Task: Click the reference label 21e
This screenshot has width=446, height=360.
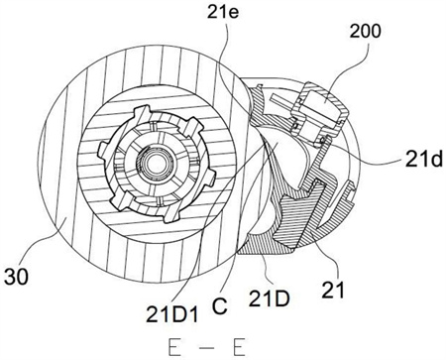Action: coord(223,14)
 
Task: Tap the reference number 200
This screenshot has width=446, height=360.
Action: coord(366,32)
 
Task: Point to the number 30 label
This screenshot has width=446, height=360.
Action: coord(17,276)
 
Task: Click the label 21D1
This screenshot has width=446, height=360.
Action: coord(172,314)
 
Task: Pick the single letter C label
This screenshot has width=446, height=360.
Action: coord(220,306)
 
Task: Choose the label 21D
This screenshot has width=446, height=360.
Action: coord(270,299)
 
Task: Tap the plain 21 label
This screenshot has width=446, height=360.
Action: coord(333,290)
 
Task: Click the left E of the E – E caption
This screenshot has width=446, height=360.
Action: coord(174,347)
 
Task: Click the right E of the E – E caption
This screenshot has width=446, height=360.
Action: coord(239,347)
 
